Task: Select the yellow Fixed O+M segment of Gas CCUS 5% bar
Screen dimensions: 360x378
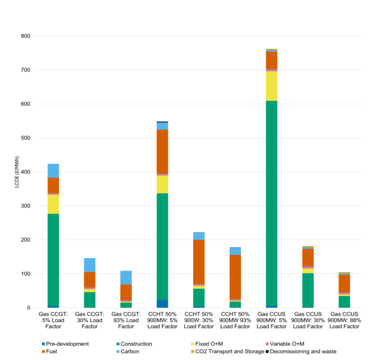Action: [271, 85]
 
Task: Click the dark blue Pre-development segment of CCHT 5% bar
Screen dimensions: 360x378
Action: [163, 303]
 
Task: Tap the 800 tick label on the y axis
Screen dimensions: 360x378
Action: [25, 36]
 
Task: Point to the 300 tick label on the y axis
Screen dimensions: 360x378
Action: [25, 206]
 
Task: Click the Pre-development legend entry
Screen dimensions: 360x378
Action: [67, 344]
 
